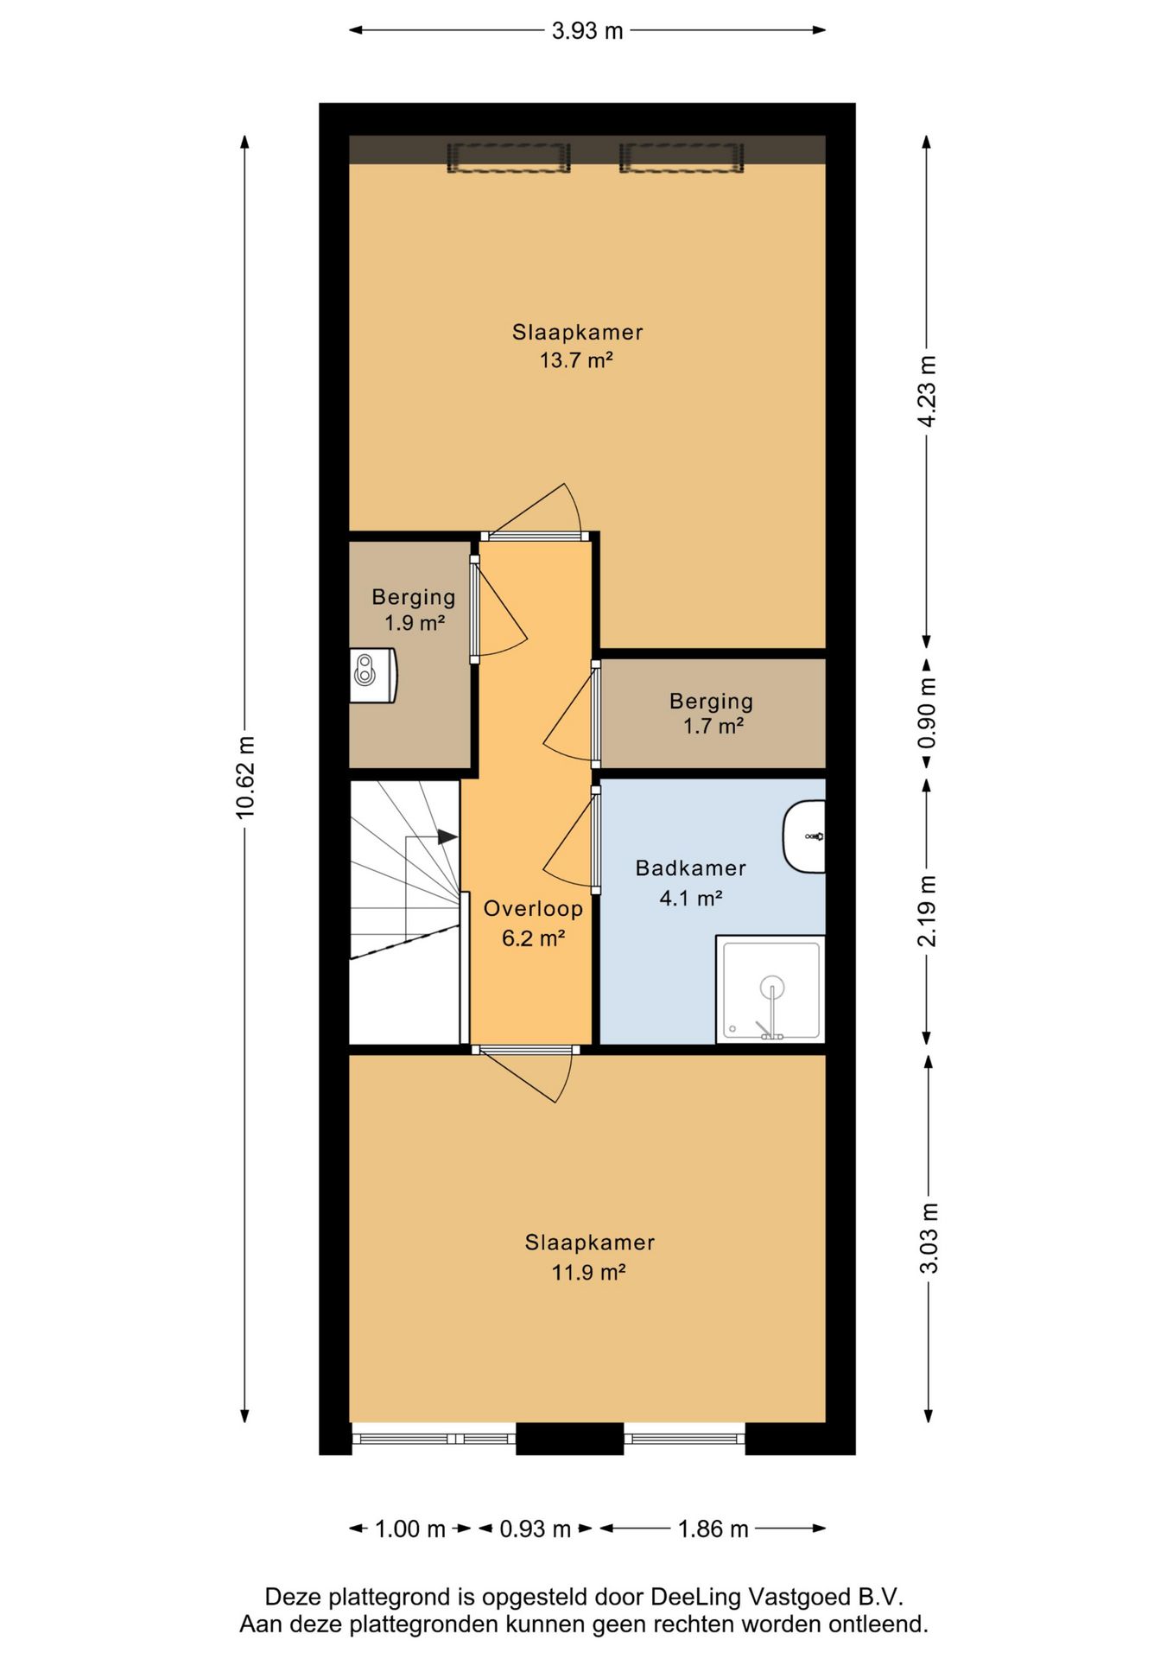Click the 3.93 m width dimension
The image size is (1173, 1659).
pos(587,31)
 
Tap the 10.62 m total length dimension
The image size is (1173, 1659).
pos(245,777)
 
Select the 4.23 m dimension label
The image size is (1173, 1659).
pos(928,391)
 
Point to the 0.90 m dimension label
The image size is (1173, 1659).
pos(928,714)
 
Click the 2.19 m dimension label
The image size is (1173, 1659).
pos(928,911)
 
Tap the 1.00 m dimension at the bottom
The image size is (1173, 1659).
pos(410,1529)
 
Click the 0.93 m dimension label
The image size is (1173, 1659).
pos(536,1529)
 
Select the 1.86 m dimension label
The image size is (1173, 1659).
pos(713,1529)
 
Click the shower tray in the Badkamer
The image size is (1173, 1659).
pos(770,989)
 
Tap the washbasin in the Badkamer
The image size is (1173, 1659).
pos(804,836)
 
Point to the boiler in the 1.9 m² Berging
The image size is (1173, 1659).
pos(373,675)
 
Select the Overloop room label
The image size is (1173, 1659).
pos(533,909)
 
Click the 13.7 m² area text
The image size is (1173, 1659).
pos(576,360)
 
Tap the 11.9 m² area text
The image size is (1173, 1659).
pos(589,1272)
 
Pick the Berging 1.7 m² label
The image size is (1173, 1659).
pos(712,714)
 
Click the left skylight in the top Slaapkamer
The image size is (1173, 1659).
pos(509,158)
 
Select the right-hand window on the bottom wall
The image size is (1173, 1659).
pos(684,1439)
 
